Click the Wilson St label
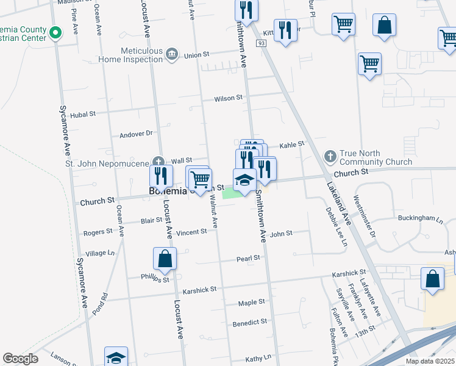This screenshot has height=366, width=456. pos(228,98)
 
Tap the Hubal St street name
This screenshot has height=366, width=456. pos(84,113)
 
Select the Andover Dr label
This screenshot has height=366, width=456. pos(135,134)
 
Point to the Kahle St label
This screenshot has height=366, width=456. pos(291,145)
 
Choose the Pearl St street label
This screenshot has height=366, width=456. pos(248,259)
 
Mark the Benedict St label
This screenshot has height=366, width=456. pos(246,323)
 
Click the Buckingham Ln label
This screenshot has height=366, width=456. pos(420,218)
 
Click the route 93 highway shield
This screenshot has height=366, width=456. pos(261,44)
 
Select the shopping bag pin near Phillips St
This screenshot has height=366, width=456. pos(165,259)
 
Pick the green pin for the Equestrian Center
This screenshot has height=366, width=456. pos(55,32)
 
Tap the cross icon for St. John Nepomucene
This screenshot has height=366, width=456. pos(158,162)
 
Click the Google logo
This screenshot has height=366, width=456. pos(20,359)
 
